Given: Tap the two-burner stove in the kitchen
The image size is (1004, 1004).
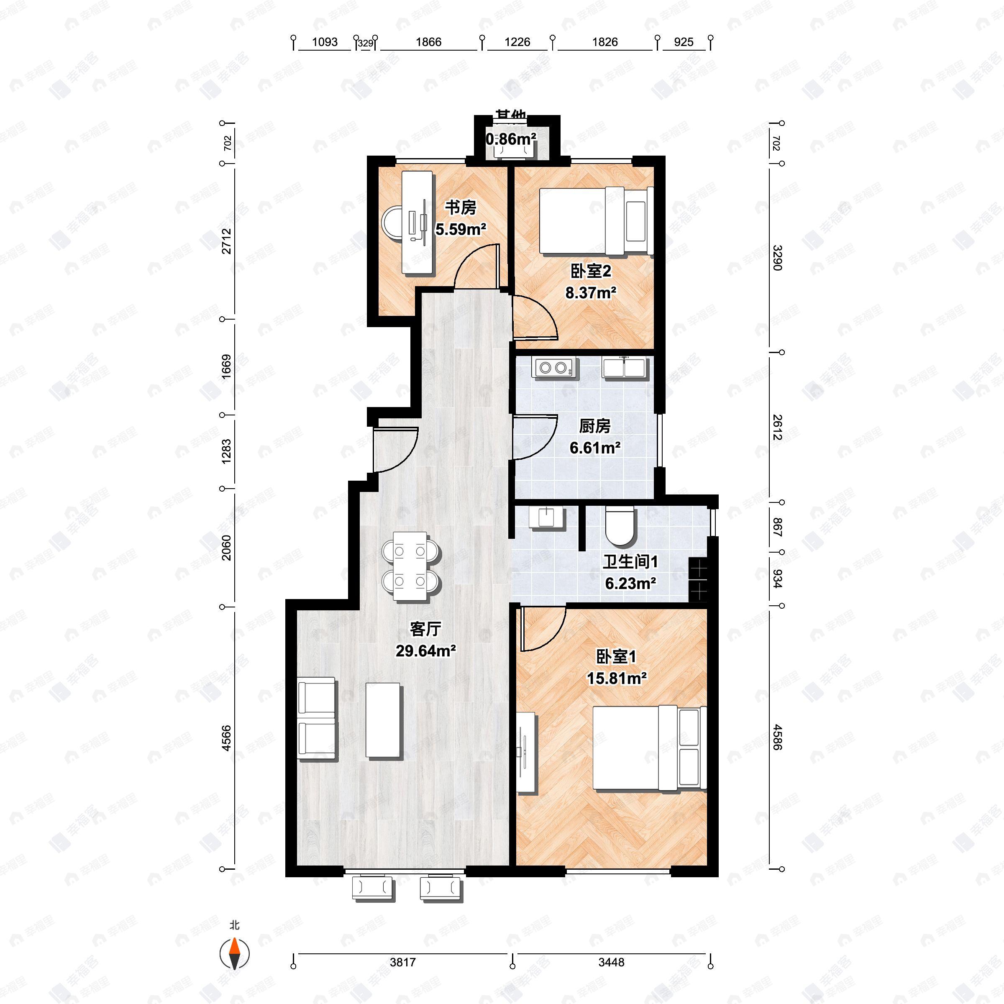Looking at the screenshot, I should coord(554,367).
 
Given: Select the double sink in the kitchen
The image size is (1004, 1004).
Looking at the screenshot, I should coord(624,367).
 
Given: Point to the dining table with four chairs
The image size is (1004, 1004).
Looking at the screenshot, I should coord(410,566).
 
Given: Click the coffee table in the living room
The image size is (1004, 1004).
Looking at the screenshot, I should coord(384,720).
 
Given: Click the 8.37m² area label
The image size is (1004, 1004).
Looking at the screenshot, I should coord(591,292).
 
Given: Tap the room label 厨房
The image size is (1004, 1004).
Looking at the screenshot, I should coord(594,426).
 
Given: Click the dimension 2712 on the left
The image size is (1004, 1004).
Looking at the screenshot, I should coord(227,241).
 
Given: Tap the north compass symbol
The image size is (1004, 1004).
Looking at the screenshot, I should coord(235,954).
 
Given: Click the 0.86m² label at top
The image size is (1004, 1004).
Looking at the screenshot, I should coord(511,139).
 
